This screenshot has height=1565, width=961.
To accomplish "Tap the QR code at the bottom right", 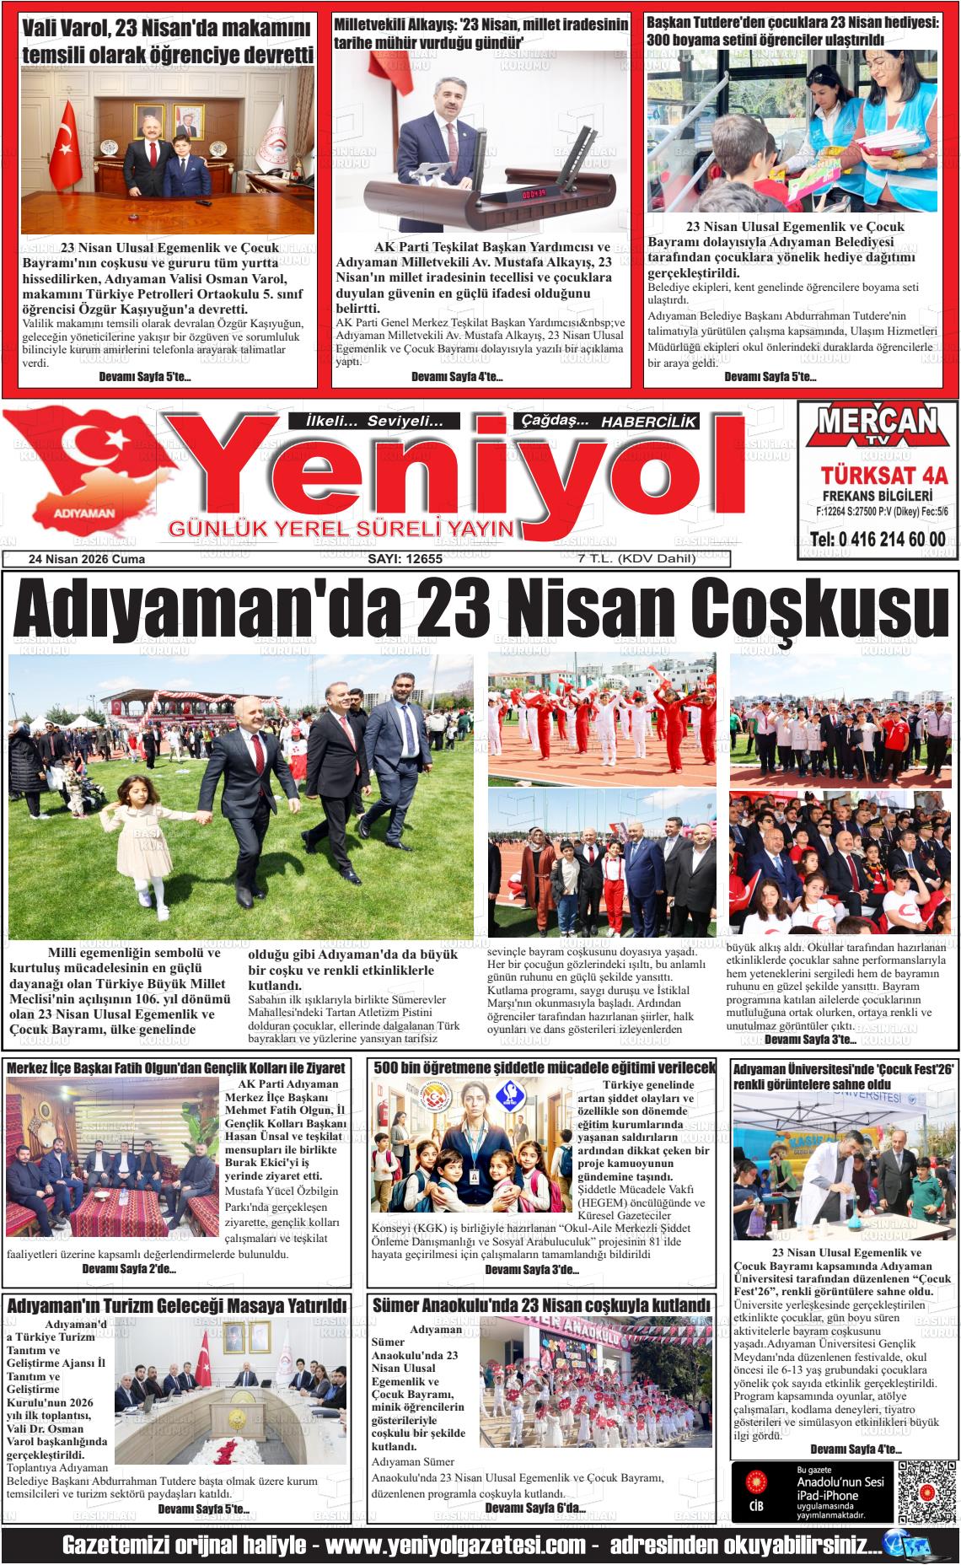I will [x=925, y=1492].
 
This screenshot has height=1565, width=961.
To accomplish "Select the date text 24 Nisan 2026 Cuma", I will [x=87, y=559].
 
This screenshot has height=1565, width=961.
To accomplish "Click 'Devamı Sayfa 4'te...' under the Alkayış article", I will [x=457, y=377].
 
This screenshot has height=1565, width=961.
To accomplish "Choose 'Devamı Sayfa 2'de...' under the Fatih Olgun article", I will [x=129, y=1268].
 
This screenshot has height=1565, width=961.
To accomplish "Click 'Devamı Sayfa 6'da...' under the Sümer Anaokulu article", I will [x=535, y=1508].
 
